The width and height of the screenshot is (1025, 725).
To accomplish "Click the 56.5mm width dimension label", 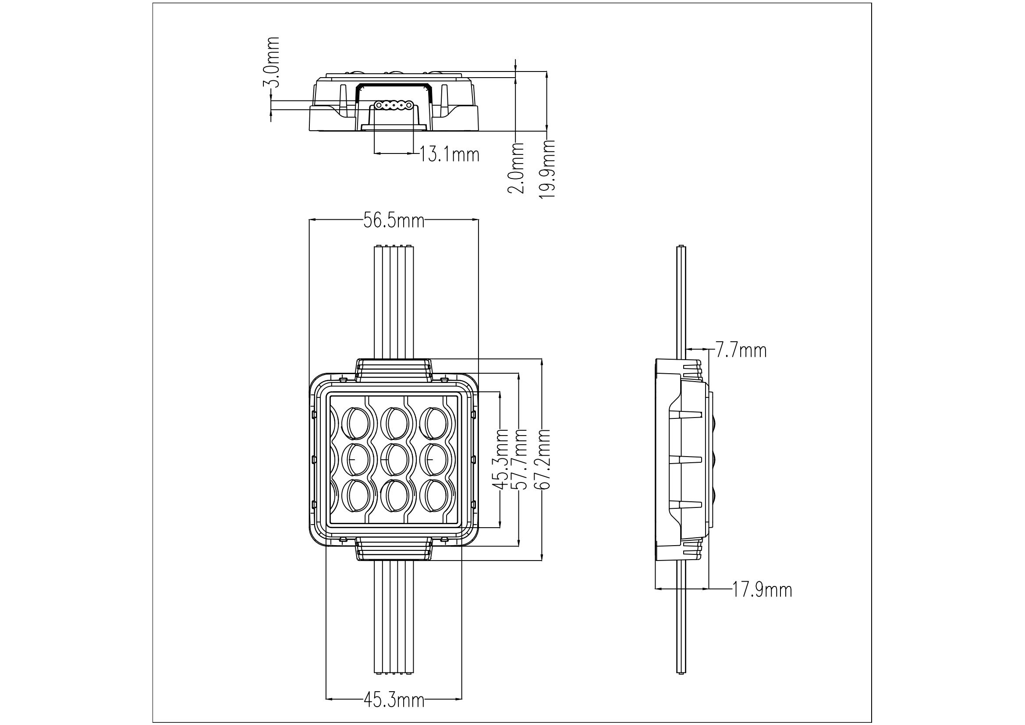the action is tap(393, 220).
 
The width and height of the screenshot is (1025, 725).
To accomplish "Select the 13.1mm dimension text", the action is tap(450, 154).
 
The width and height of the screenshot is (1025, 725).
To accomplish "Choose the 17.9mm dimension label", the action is tap(762, 590).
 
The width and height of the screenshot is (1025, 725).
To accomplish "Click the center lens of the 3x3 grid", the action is tap(394, 460).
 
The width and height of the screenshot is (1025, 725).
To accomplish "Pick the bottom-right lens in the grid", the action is tap(433, 497).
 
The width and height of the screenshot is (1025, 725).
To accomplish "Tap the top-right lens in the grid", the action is tap(433, 423).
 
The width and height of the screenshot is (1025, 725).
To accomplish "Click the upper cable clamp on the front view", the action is tap(394, 370).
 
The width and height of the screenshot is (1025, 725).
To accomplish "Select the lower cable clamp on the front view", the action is tap(394, 550).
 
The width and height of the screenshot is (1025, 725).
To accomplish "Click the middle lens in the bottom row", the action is tap(394, 497).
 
